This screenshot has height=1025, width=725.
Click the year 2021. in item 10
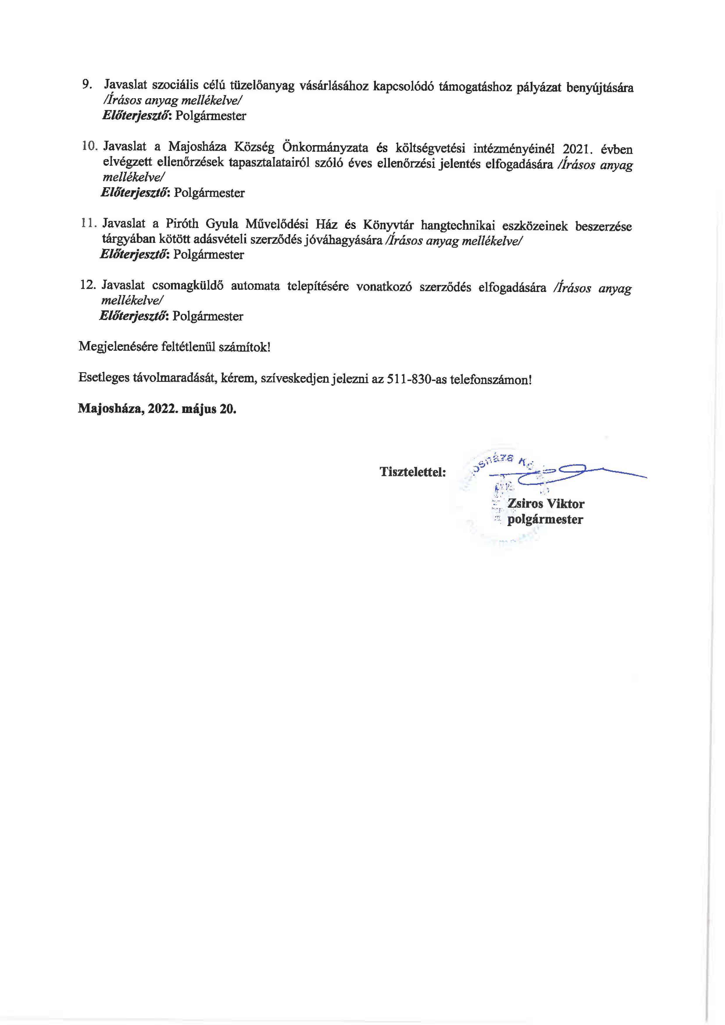(572, 149)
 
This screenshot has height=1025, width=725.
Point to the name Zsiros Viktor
(546, 504)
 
